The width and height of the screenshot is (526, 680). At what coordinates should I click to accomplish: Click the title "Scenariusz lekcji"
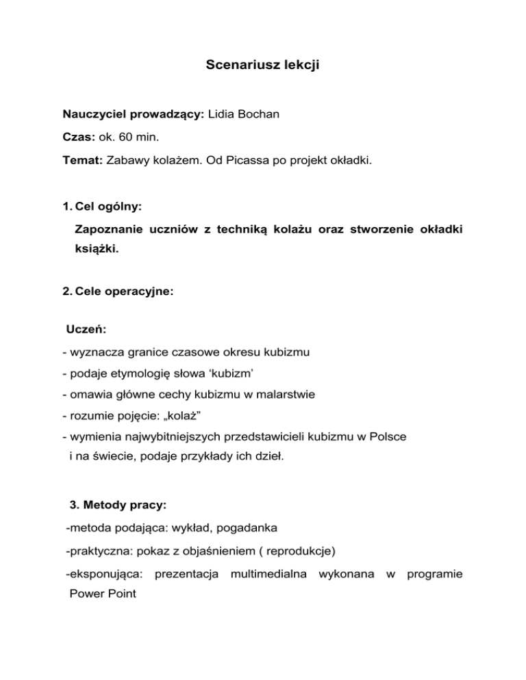(x=262, y=66)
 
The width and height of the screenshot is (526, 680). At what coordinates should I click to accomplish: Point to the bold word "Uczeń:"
(x=86, y=329)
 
